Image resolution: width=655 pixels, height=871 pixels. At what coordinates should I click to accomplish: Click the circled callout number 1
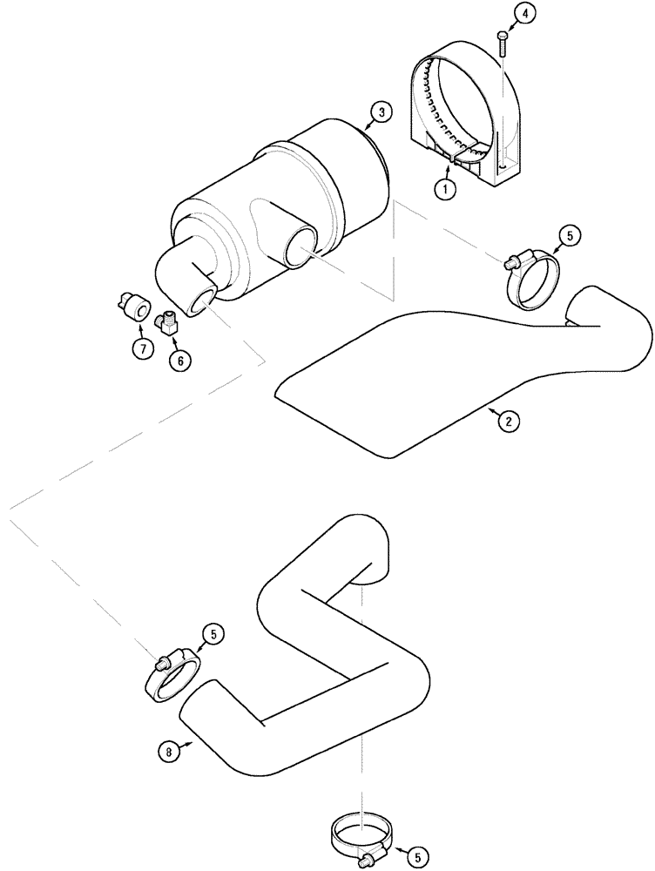[445, 189]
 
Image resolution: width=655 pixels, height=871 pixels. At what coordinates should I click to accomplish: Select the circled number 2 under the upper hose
[509, 421]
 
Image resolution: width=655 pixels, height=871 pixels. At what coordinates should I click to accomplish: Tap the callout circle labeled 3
[381, 112]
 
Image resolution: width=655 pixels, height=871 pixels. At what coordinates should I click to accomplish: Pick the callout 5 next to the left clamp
[212, 635]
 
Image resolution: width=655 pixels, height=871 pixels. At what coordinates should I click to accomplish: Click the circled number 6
[180, 360]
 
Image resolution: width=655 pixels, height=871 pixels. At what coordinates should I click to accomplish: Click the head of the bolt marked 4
[503, 35]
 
